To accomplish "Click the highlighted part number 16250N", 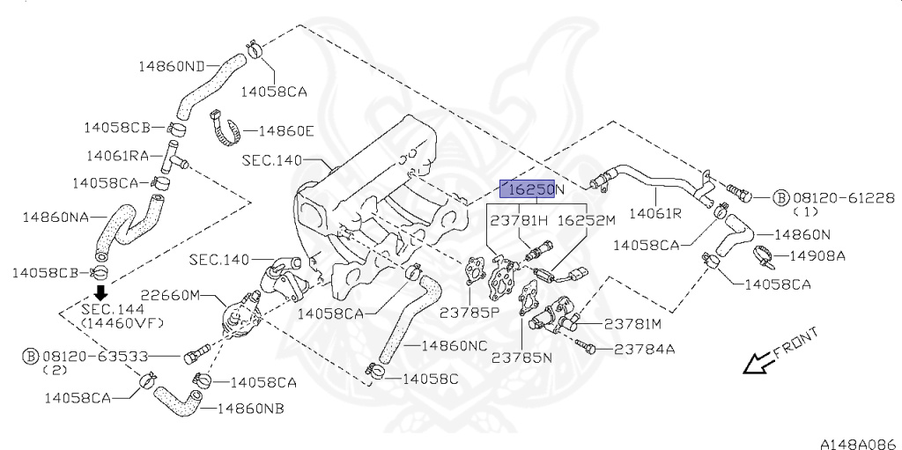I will (531, 188).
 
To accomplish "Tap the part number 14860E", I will (285, 131).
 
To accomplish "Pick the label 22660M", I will (171, 295).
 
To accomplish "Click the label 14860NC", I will (454, 346).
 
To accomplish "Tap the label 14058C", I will (430, 379).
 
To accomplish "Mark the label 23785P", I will (469, 312).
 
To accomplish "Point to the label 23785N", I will (521, 358).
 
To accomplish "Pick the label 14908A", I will (817, 256).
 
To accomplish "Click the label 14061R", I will (655, 213).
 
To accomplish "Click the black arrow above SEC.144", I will (101, 292).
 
